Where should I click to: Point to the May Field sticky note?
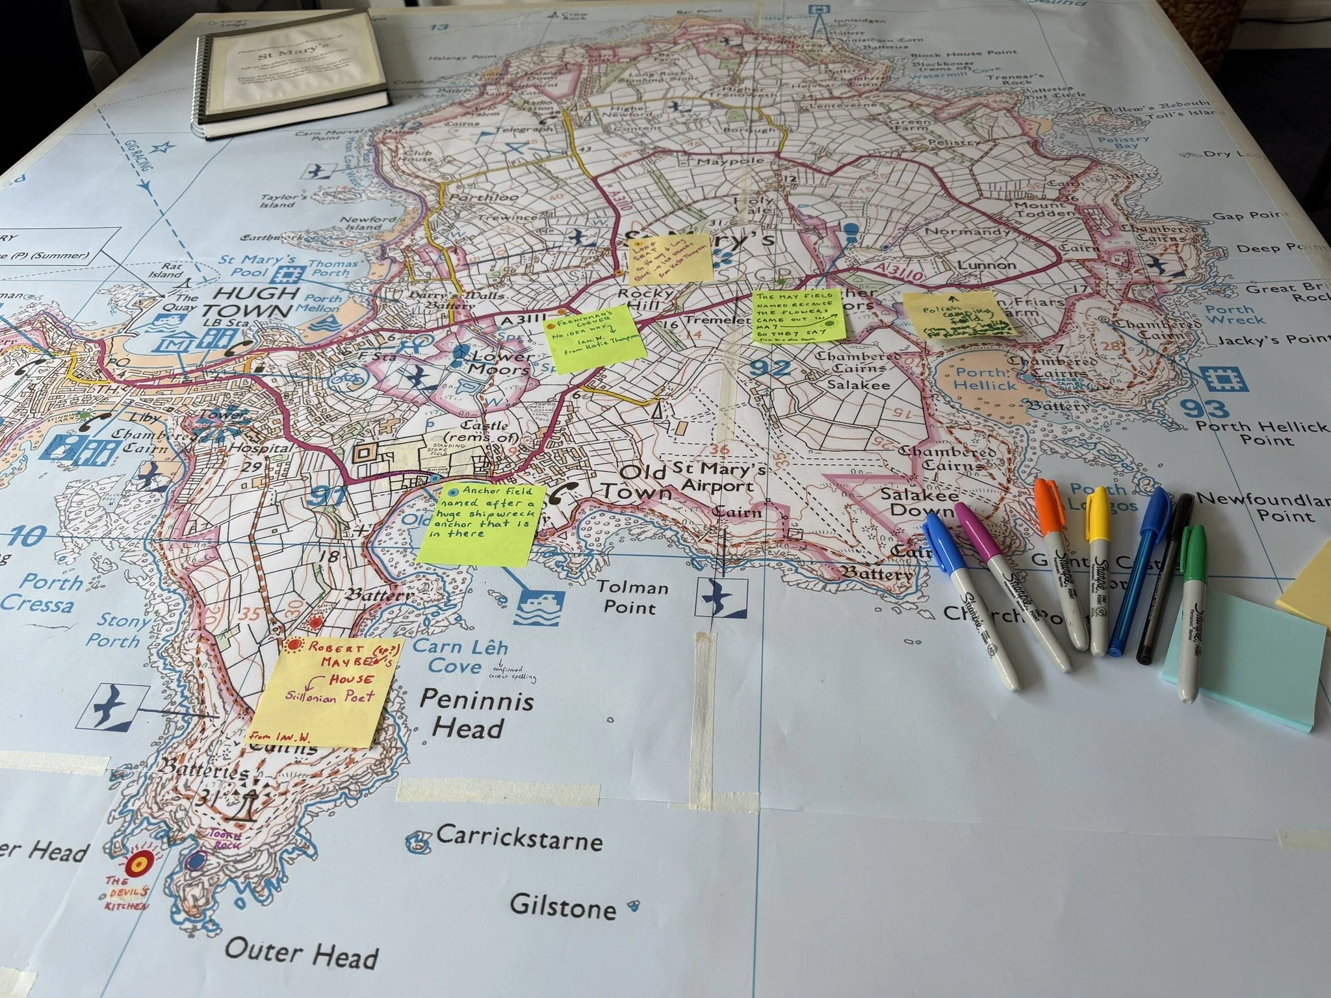[797, 316]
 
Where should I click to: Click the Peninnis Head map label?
[476, 713]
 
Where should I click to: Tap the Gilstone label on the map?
[563, 906]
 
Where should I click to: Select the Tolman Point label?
[632, 597]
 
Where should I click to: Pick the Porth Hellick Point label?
[1262, 433]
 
